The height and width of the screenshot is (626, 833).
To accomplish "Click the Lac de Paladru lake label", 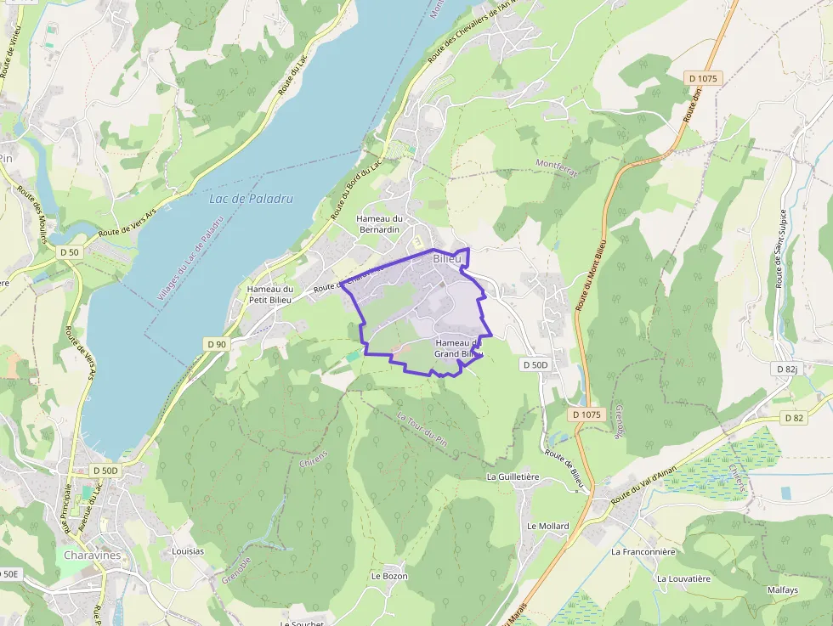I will pos(251,199).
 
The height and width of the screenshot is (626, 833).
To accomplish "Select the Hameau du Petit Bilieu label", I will pos(269,294).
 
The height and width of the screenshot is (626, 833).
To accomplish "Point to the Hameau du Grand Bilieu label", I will pos(458,348).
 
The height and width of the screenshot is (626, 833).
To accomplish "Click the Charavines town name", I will pos(93,556).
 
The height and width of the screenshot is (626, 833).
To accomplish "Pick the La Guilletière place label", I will pos(513,477).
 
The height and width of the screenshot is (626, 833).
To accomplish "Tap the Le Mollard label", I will pos(547,526).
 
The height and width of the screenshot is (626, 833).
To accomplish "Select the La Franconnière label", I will pos(643,551).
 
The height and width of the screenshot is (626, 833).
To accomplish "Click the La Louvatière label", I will pos(683,578).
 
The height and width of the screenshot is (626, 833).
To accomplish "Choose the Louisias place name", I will pos(188,550).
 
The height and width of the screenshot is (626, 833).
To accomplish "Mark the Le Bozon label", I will pos(389,576).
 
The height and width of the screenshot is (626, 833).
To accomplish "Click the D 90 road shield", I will pos(217,343).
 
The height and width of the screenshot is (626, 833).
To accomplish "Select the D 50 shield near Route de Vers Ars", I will pos(70,252).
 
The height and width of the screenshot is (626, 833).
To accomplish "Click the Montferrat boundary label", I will pos(557,167).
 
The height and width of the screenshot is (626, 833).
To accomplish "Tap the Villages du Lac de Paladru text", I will pos(190,257).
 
